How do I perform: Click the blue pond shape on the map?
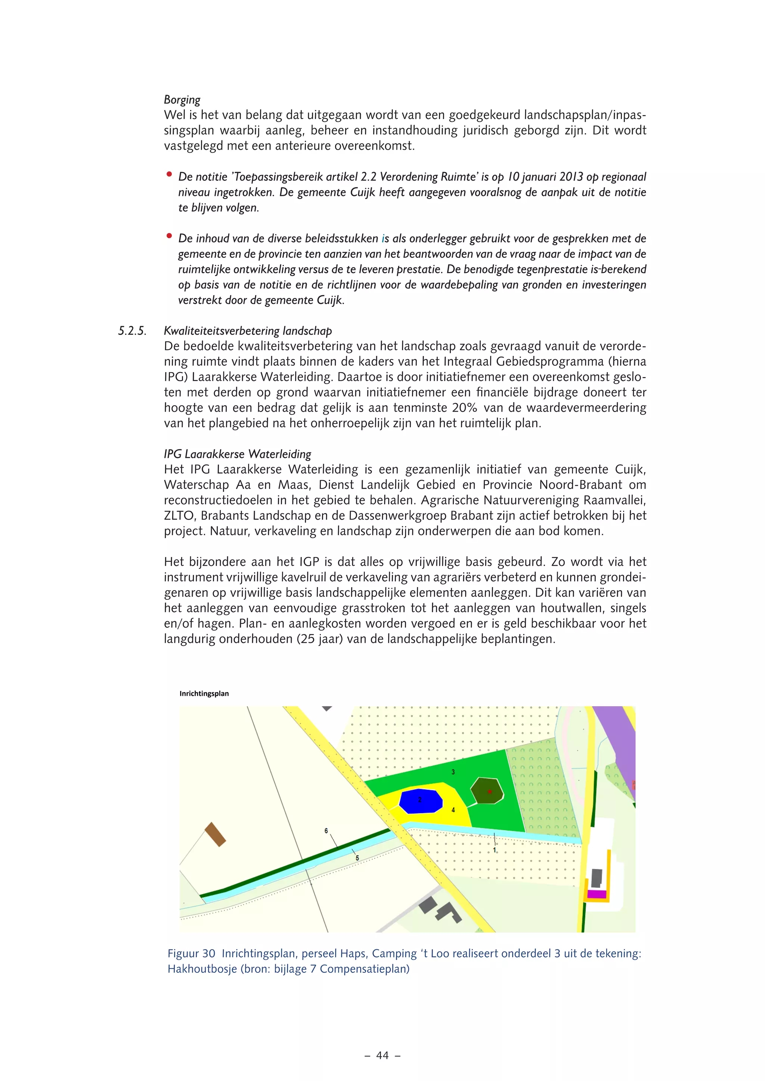[x=421, y=801]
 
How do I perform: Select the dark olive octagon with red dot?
[x=487, y=791]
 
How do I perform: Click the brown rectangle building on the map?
[x=215, y=834]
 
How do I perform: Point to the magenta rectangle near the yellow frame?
[x=597, y=894]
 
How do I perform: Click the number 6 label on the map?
[x=326, y=831]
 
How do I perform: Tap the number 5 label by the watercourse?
[x=357, y=858]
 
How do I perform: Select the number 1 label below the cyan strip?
[x=495, y=850]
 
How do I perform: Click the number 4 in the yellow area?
[x=453, y=810]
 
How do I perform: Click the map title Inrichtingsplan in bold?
[x=204, y=694]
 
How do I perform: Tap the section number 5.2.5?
[x=132, y=331]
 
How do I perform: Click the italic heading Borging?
[x=182, y=100]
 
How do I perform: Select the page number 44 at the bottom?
[x=382, y=1056]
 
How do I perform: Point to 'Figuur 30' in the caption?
[x=191, y=953]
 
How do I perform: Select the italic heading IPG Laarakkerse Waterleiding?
[x=238, y=454]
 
